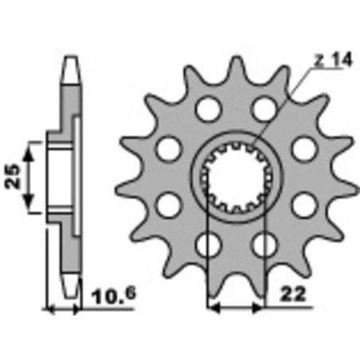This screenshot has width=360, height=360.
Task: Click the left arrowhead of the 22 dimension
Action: [212, 307]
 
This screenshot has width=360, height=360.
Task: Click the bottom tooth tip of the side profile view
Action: [70, 290]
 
